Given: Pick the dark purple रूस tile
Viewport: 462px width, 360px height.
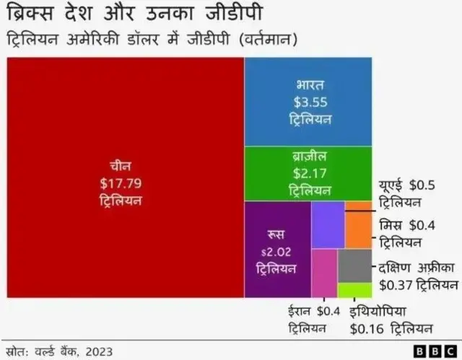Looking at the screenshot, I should pos(277,250).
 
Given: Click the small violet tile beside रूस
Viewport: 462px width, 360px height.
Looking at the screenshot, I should pos(328,225).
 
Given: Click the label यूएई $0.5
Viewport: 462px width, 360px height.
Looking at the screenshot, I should pos(406,184).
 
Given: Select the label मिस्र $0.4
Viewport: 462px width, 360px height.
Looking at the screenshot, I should pos(406,225).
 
